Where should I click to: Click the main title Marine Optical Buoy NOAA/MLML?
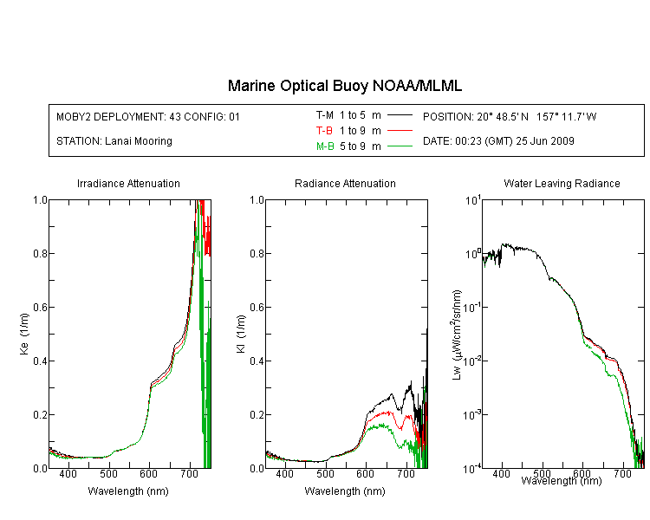pyautogui.click(x=344, y=86)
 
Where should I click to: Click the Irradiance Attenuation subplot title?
pyautogui.click(x=128, y=183)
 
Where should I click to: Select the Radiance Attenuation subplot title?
pyautogui.click(x=345, y=183)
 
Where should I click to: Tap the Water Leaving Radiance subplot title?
pyautogui.click(x=562, y=183)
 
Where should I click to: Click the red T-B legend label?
pyautogui.click(x=324, y=131)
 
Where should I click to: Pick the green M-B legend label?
pyautogui.click(x=325, y=146)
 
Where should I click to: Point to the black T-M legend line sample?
pyautogui.click(x=400, y=115)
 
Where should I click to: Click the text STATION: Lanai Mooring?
pyautogui.click(x=114, y=141)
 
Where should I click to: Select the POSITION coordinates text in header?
pyautogui.click(x=510, y=116)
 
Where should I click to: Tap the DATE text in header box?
pyautogui.click(x=498, y=141)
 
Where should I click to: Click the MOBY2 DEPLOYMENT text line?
pyautogui.click(x=148, y=116)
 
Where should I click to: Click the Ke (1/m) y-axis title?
pyautogui.click(x=24, y=334)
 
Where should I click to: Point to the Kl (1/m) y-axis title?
pyautogui.click(x=240, y=334)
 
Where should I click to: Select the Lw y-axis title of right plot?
pyautogui.click(x=457, y=335)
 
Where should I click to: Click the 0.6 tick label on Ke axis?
pyautogui.click(x=40, y=308)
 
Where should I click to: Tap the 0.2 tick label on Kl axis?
pyautogui.click(x=257, y=414)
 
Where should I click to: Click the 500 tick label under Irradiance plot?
pyautogui.click(x=108, y=473)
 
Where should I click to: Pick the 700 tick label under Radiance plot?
pyautogui.click(x=406, y=473)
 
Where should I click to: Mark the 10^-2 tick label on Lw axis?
pyautogui.click(x=472, y=361)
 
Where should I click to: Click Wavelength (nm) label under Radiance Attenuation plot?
pyautogui.click(x=345, y=491)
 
